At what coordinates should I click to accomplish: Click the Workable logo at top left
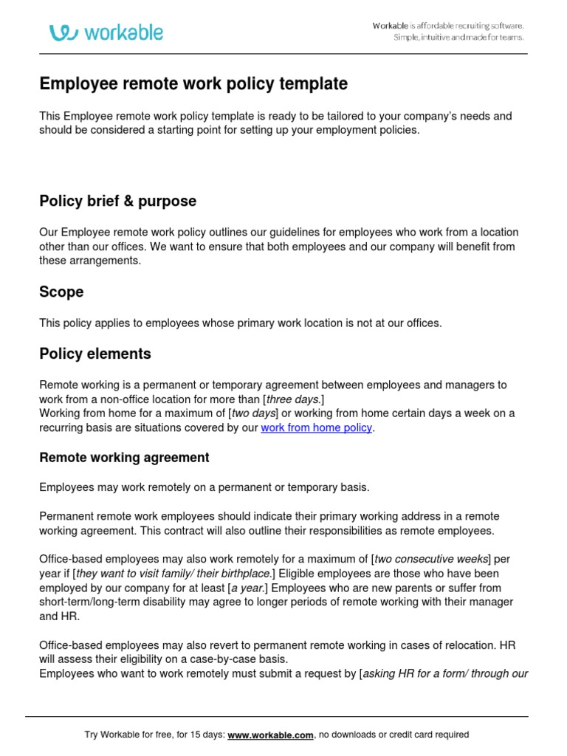click(106, 32)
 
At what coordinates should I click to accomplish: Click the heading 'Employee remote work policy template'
click(193, 84)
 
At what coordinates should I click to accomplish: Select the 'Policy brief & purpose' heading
click(117, 201)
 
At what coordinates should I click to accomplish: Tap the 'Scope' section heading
click(61, 292)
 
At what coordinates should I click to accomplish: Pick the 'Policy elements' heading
click(95, 354)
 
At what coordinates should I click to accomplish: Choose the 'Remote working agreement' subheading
click(124, 458)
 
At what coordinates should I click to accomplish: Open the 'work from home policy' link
click(316, 427)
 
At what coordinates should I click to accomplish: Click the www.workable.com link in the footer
click(271, 735)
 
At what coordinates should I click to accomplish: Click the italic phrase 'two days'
click(253, 413)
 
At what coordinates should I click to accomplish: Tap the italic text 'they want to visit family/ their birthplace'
click(172, 574)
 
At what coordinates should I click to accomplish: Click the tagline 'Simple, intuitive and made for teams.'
click(458, 38)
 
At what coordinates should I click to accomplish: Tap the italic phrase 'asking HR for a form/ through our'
click(445, 673)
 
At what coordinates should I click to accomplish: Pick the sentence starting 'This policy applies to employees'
click(241, 323)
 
